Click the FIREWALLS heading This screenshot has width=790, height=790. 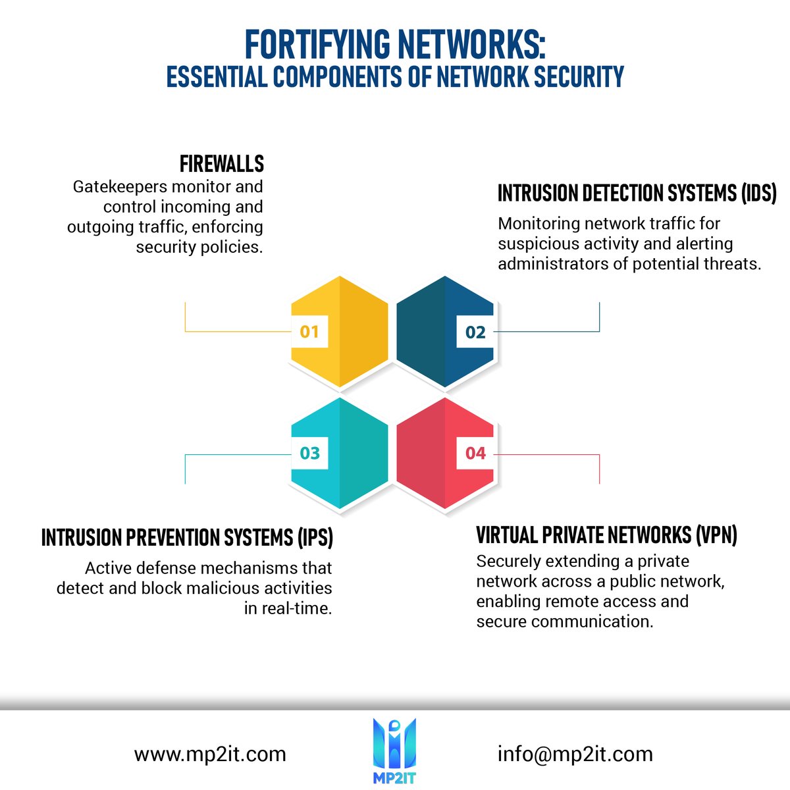[x=222, y=164]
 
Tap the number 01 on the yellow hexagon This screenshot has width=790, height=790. [x=309, y=332]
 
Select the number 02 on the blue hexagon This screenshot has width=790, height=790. [x=475, y=332]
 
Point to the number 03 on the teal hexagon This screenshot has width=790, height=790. [x=309, y=453]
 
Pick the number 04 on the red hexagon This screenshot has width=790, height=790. [x=475, y=453]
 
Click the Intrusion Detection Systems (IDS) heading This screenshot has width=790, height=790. [x=637, y=193]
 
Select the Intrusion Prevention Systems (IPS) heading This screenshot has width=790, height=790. [x=187, y=537]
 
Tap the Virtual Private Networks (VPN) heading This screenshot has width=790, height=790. [x=607, y=535]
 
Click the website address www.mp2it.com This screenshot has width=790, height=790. [x=210, y=754]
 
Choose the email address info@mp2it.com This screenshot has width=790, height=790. [x=575, y=754]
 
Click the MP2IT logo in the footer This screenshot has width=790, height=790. [x=394, y=750]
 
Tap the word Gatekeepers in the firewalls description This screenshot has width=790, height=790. [x=120, y=187]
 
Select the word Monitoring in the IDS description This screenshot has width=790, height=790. [x=539, y=224]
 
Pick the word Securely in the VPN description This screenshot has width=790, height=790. [x=508, y=562]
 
